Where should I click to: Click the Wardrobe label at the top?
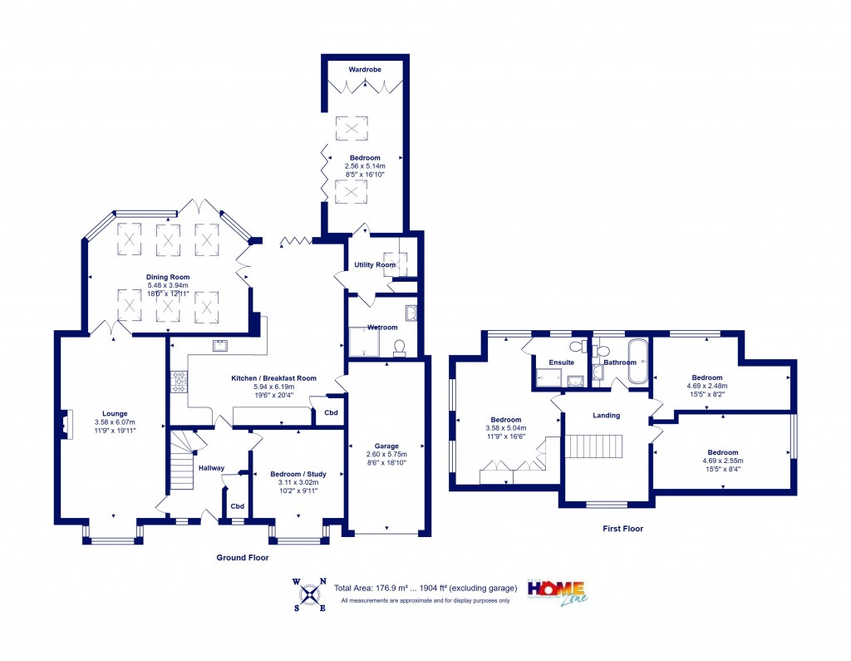[x=365, y=70]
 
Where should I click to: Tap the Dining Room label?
[x=168, y=277]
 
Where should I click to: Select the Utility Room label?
[x=374, y=264]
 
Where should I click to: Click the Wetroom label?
[x=382, y=327]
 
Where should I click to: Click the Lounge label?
[x=114, y=412]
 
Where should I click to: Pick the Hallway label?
[x=211, y=468]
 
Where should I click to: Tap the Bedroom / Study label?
[x=298, y=474]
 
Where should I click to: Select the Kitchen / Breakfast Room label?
[x=273, y=377]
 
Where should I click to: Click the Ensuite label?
[x=561, y=363]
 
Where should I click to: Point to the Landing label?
[x=607, y=415]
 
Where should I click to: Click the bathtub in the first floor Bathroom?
[x=639, y=362]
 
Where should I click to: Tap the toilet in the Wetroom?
[x=399, y=348]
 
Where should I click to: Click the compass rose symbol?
[x=310, y=594]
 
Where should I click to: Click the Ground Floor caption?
[x=242, y=557]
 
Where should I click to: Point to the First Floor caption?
[x=622, y=528]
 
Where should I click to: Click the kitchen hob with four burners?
[x=179, y=381]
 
